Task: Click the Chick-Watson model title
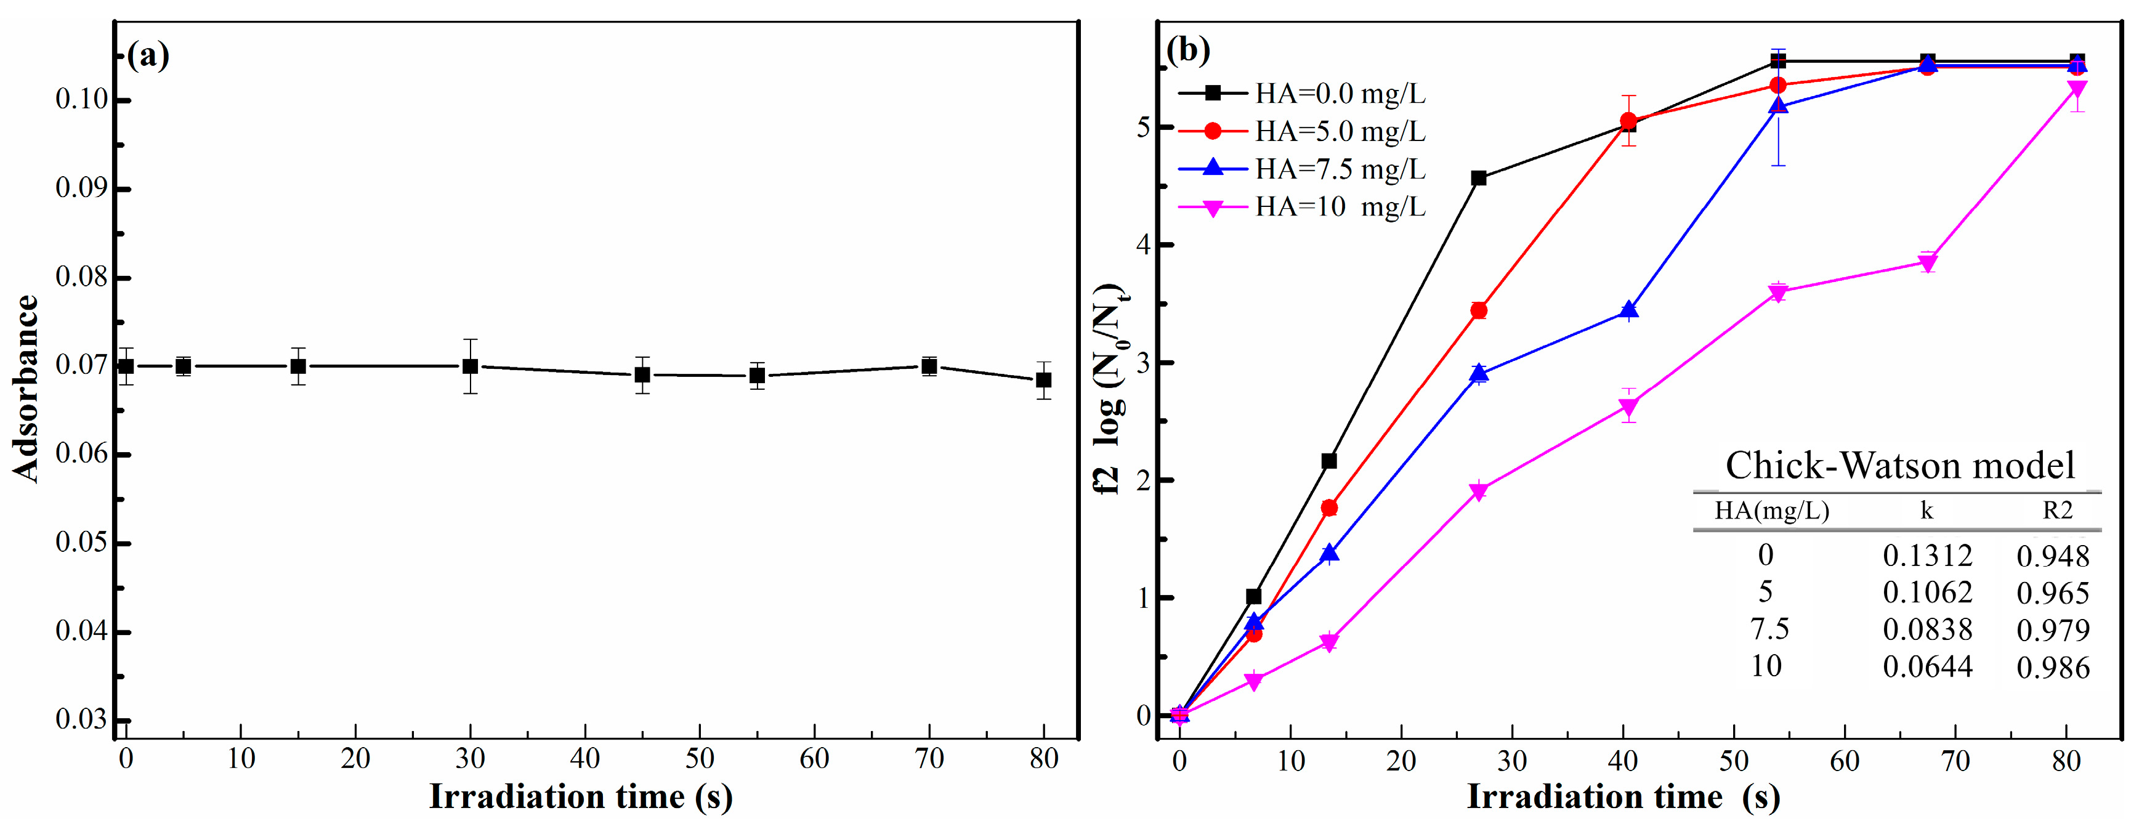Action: point(1900,465)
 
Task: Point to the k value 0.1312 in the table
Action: point(1927,555)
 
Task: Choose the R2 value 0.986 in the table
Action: point(2053,667)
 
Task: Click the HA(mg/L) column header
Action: point(1772,510)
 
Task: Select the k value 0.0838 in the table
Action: point(1927,629)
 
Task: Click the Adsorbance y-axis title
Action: point(26,388)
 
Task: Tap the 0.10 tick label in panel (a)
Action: point(81,100)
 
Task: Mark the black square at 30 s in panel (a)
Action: point(470,366)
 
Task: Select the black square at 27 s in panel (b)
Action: point(1479,178)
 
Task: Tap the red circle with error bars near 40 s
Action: point(1628,121)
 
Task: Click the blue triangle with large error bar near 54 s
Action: point(1778,107)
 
